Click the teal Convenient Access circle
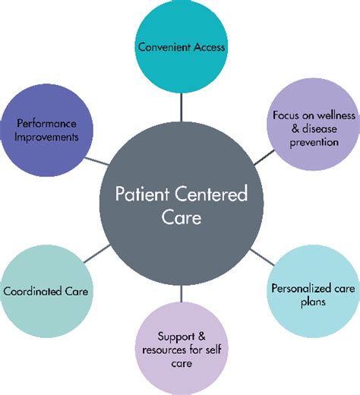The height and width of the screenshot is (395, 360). (181, 47)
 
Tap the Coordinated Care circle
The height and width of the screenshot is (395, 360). (47, 290)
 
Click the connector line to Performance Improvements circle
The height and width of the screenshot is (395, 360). (94, 159)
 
